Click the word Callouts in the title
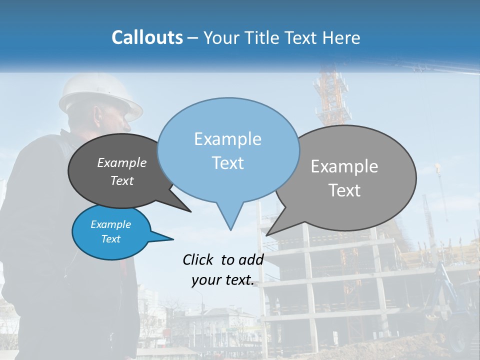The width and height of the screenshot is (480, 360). pyautogui.click(x=147, y=37)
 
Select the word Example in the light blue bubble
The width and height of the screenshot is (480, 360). pyautogui.click(x=227, y=139)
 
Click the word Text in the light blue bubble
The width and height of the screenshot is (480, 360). pyautogui.click(x=227, y=163)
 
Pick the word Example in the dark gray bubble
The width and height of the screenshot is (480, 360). pyautogui.click(x=121, y=162)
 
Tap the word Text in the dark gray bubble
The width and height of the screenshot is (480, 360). pyautogui.click(x=121, y=180)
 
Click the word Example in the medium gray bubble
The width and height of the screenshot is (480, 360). pyautogui.click(x=344, y=166)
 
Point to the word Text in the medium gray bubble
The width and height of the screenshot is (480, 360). pyautogui.click(x=344, y=190)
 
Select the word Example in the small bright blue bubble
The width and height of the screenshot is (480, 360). pyautogui.click(x=110, y=224)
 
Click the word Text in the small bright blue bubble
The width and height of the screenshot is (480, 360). pyautogui.click(x=110, y=239)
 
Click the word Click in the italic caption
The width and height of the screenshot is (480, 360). pyautogui.click(x=199, y=259)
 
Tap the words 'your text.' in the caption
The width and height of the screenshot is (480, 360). pyautogui.click(x=222, y=280)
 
